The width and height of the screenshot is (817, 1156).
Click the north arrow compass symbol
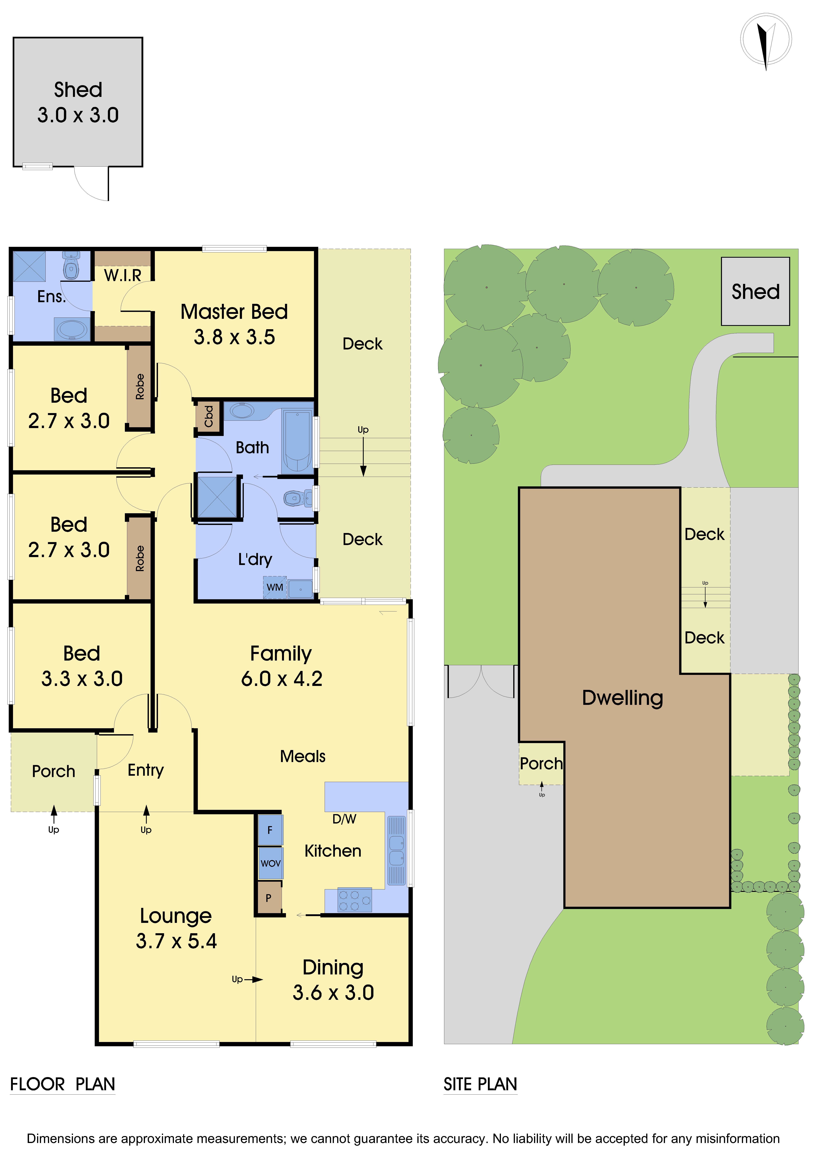766,40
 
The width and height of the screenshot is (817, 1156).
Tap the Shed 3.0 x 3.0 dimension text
78,115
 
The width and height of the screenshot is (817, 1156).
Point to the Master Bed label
234,312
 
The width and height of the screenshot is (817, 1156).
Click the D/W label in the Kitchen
344,819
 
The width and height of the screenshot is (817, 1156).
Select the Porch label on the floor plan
53,771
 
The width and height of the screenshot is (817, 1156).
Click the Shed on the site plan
755,291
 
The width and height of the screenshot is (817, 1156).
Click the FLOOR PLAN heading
62,1084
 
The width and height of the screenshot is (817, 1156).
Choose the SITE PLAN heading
480,1084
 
